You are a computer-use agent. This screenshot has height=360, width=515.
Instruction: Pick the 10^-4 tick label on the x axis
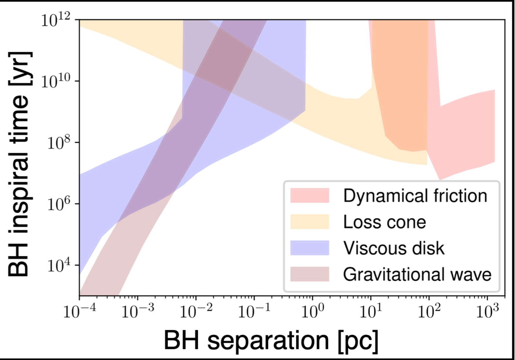(79, 312)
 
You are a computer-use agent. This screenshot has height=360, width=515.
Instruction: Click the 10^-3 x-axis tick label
(138, 312)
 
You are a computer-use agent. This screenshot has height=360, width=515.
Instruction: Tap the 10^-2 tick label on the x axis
(196, 312)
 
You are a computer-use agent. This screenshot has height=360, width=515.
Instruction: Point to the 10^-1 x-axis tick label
(254, 312)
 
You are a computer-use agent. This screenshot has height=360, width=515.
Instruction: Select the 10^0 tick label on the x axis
(312, 312)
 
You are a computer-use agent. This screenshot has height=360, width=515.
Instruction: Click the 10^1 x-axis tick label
(371, 312)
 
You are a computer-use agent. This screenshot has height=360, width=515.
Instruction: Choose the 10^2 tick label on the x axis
(429, 312)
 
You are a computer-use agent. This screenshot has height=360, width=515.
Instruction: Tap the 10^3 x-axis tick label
(487, 312)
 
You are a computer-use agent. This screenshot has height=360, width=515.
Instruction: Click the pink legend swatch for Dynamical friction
(310, 196)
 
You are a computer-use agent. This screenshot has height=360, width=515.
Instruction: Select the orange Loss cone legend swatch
(310, 222)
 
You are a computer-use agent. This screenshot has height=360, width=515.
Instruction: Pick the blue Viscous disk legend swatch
(310, 248)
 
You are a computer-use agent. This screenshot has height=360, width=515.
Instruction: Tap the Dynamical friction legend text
(415, 196)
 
